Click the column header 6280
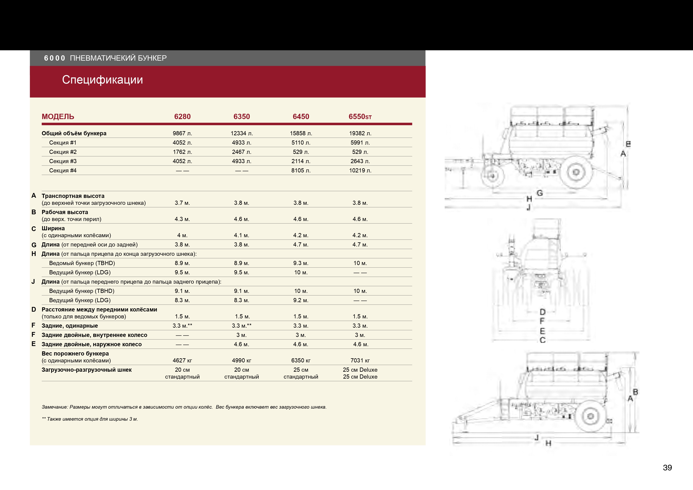(x=182, y=117)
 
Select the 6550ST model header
(x=360, y=117)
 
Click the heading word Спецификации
(x=102, y=80)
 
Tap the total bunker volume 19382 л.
(x=360, y=133)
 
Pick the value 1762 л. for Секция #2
(x=182, y=152)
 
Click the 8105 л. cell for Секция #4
(x=301, y=170)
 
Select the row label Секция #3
(x=63, y=161)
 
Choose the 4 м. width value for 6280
(x=182, y=235)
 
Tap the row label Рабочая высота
(x=65, y=212)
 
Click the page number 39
(x=667, y=468)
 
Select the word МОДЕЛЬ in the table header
(x=58, y=117)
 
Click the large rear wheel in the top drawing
(x=576, y=172)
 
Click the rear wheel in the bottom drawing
(x=590, y=416)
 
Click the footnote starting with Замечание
(x=184, y=407)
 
